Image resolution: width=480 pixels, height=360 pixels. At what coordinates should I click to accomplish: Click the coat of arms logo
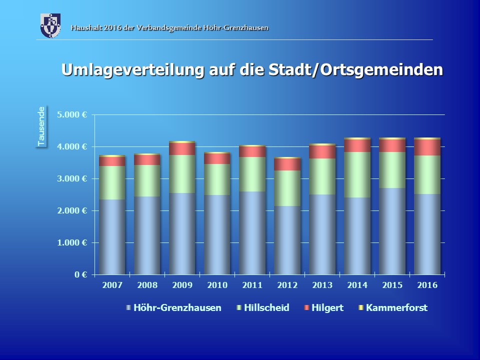(x=50, y=25)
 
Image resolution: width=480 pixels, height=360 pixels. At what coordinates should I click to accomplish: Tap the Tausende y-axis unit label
(x=41, y=126)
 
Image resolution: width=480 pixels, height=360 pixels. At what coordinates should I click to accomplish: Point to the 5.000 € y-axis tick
(x=72, y=114)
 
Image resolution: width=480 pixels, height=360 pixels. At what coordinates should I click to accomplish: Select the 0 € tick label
(x=81, y=274)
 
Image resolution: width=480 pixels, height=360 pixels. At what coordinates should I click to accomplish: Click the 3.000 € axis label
(x=72, y=178)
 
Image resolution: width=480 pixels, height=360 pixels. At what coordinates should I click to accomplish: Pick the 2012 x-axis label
(x=287, y=285)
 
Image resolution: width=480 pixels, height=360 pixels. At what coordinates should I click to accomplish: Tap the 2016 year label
(x=427, y=285)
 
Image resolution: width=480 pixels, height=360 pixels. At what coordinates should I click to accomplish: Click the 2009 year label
(x=182, y=285)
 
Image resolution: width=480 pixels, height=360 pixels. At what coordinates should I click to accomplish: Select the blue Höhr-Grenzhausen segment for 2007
(x=112, y=236)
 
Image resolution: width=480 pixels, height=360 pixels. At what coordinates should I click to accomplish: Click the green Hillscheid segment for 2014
(x=357, y=174)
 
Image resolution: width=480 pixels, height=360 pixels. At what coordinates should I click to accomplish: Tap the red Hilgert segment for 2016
(x=427, y=147)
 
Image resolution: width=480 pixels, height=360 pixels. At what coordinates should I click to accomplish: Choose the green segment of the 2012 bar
(x=287, y=188)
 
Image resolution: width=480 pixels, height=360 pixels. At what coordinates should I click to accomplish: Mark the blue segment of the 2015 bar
(x=392, y=231)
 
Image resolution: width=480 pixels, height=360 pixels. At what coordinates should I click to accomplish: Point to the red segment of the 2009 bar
(x=182, y=148)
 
